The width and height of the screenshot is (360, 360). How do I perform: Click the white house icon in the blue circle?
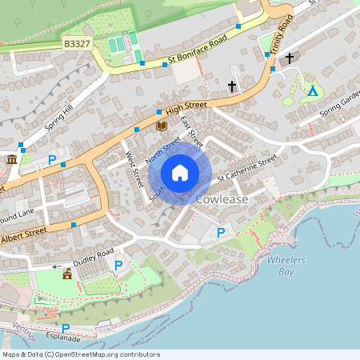(x=180, y=172)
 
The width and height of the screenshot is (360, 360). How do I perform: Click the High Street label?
(x=186, y=106)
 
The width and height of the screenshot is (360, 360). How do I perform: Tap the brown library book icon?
(x=161, y=126)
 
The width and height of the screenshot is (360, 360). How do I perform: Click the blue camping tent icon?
(x=313, y=91)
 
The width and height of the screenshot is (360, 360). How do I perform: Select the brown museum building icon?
(x=12, y=161)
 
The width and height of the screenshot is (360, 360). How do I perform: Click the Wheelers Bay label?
(x=286, y=266)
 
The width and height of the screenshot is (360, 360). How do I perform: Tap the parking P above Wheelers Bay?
(x=221, y=233)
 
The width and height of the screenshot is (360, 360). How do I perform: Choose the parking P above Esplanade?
(x=66, y=329)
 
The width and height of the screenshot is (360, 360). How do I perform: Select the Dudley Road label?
(x=94, y=258)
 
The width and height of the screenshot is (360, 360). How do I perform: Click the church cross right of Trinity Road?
(x=289, y=58)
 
